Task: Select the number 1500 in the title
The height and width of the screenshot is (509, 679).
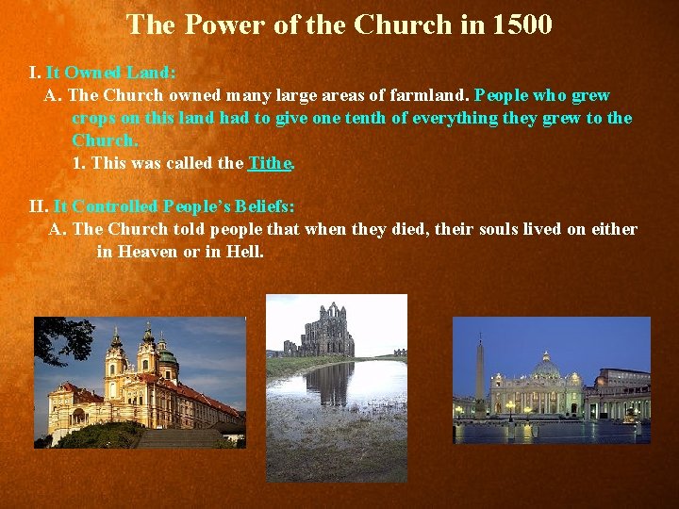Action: [x=522, y=25]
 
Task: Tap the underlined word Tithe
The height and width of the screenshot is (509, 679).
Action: [x=270, y=163]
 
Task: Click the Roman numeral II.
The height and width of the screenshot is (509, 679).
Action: [x=38, y=206]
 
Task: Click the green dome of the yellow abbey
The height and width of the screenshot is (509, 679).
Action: [x=167, y=359]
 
